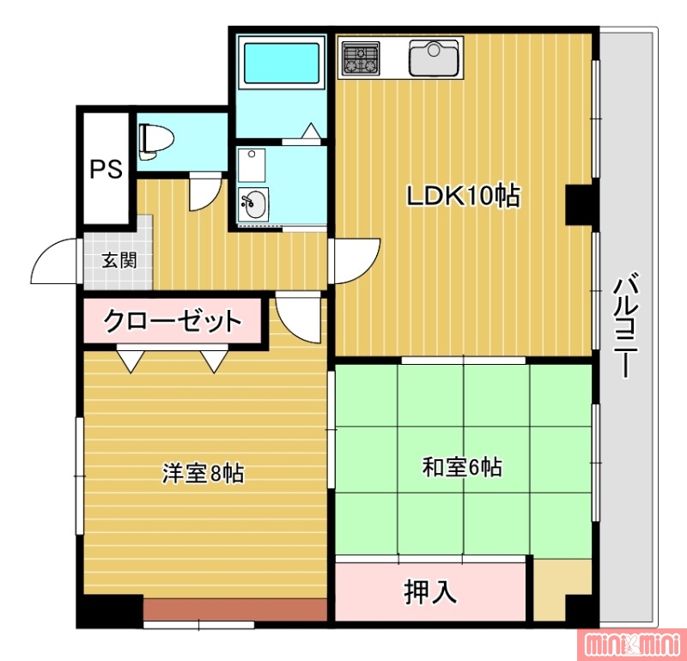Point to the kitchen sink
coord(435,58)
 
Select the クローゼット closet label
coord(172,322)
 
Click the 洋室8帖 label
coord(203,473)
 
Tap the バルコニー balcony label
coord(627,326)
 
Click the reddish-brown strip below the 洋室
coord(235,610)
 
